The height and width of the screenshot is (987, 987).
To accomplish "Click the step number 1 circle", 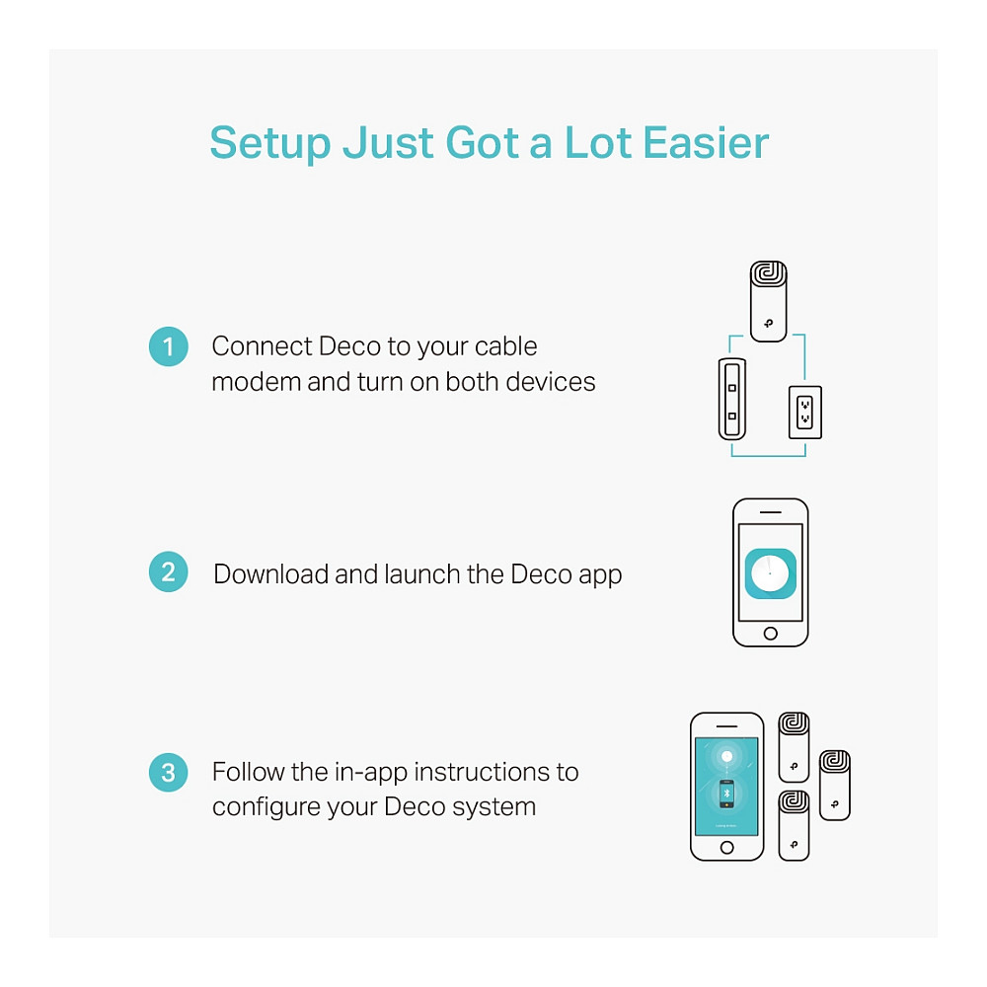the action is tap(168, 346).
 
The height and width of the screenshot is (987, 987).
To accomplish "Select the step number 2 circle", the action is tap(168, 571).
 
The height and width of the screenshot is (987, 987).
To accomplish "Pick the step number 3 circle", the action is tap(168, 773).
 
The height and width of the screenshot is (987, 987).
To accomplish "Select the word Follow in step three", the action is tap(248, 772).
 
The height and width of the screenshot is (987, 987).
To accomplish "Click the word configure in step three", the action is tap(264, 808).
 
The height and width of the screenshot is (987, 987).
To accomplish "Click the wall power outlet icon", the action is tap(805, 413).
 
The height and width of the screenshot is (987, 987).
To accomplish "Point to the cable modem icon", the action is tap(732, 399).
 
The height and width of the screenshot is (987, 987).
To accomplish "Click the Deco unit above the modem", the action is tap(769, 301).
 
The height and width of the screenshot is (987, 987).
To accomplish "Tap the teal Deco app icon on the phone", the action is tap(771, 573).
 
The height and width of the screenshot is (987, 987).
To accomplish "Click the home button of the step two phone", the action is tap(771, 634).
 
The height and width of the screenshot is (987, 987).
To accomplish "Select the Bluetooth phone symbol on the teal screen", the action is tap(727, 794).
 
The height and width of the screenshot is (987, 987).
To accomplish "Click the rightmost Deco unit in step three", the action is tap(835, 786).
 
